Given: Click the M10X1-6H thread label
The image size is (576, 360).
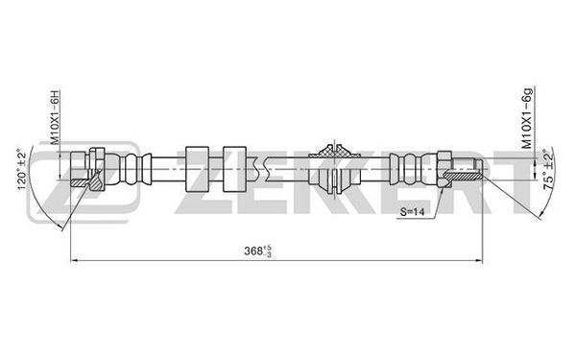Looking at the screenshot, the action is pyautogui.click(x=55, y=116).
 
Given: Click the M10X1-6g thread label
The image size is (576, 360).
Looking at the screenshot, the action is pyautogui.click(x=527, y=118).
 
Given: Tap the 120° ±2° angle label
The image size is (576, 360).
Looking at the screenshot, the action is pyautogui.click(x=22, y=169).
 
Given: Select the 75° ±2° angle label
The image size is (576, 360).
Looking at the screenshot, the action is pyautogui.click(x=548, y=169).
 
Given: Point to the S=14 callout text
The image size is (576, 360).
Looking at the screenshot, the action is pyautogui.click(x=412, y=211).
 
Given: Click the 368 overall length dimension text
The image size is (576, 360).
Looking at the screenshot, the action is pyautogui.click(x=258, y=251).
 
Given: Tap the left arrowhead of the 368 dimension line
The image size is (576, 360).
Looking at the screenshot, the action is pyautogui.click(x=73, y=260).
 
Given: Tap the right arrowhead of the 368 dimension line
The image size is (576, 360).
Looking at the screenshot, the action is pyautogui.click(x=479, y=260).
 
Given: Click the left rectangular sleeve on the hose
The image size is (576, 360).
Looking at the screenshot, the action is pyautogui.click(x=197, y=169).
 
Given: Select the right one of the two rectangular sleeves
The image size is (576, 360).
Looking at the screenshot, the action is pyautogui.click(x=234, y=169).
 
